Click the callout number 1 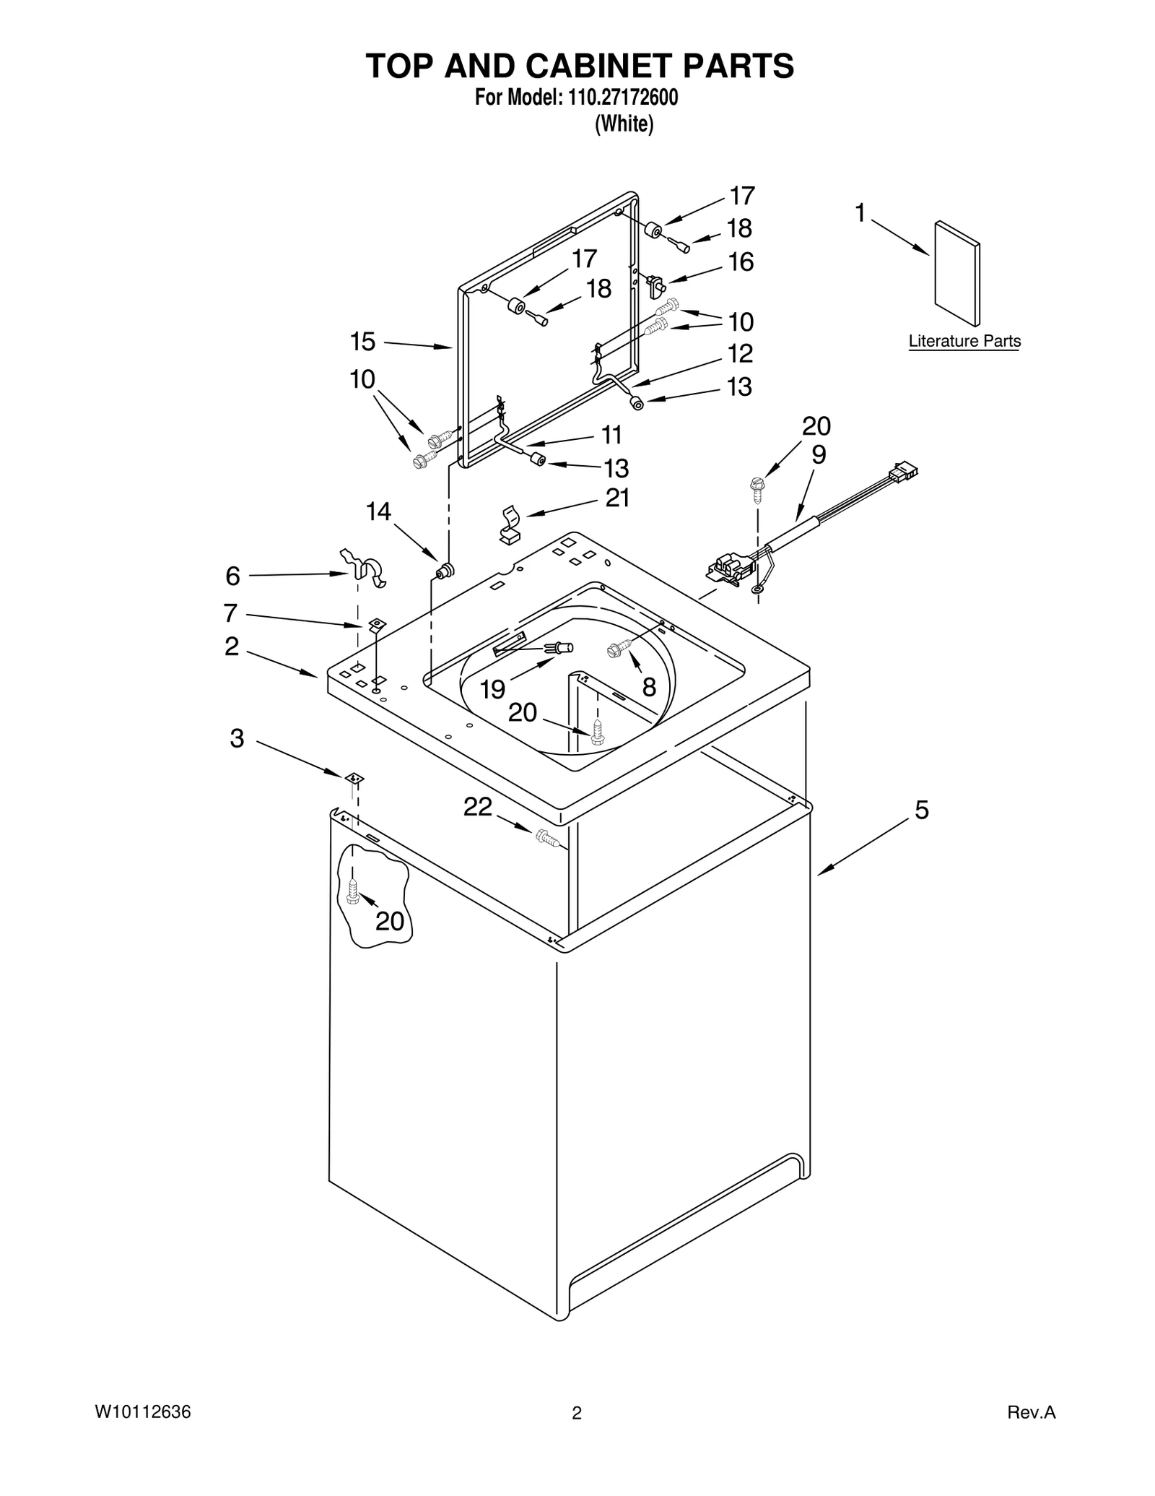coord(860,213)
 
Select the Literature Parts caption coord(964,341)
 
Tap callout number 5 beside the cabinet coord(921,810)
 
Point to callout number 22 coord(477,807)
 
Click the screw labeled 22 coord(547,838)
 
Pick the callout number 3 coord(237,738)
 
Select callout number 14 coord(378,512)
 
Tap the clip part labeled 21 coord(510,524)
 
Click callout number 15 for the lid coord(363,341)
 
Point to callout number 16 coord(741,261)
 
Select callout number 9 coord(819,454)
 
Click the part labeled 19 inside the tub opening coord(560,647)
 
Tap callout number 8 coord(649,687)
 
